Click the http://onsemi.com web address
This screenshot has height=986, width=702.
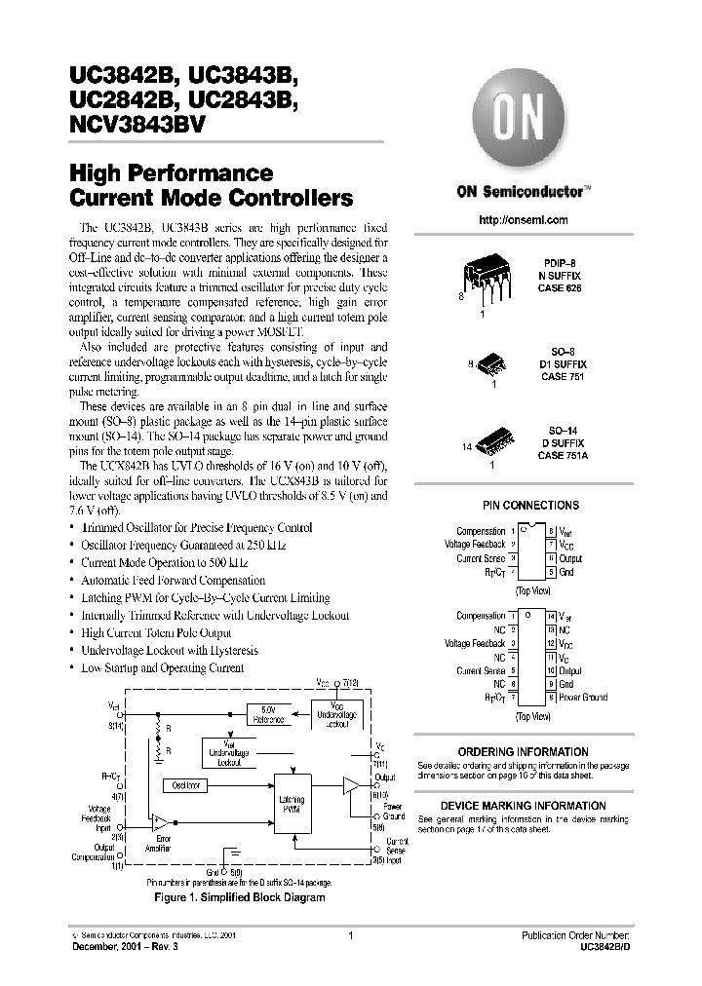click(x=524, y=220)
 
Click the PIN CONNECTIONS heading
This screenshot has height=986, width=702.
click(x=530, y=506)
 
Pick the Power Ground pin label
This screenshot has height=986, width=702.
click(x=583, y=697)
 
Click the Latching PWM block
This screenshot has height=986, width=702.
click(x=292, y=805)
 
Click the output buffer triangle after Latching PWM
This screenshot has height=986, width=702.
click(x=349, y=783)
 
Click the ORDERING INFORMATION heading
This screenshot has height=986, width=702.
click(x=523, y=752)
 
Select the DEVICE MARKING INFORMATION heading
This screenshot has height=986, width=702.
click(x=523, y=807)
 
